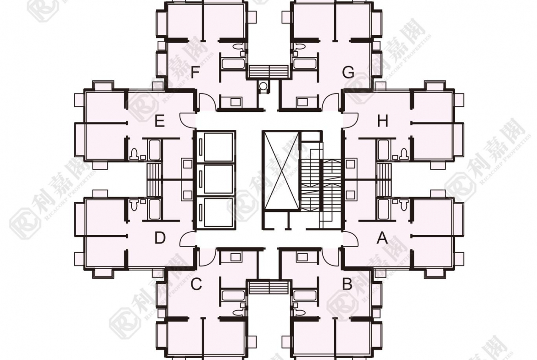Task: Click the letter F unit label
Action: coord(195,72)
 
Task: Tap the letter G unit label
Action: coord(349,72)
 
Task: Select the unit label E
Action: coord(160,122)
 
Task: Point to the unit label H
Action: coord(382,122)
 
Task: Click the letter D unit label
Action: coord(160,238)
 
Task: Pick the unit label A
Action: coord(382,238)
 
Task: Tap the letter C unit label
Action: coord(196,284)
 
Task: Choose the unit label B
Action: coord(347,284)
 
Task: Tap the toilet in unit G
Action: coord(299,47)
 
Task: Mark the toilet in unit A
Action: coord(404,205)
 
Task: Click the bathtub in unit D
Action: coord(154,209)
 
